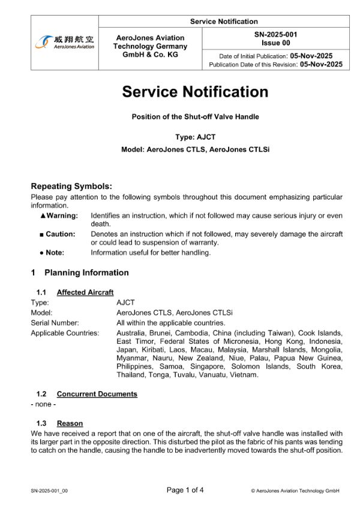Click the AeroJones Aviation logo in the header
[x=65, y=42]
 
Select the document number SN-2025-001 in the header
[x=275, y=35]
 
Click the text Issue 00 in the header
[x=275, y=43]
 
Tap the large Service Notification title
[x=195, y=92]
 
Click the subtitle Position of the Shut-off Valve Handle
[x=195, y=117]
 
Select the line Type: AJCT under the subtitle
[x=195, y=137]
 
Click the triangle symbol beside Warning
[x=43, y=215]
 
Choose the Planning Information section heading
[x=86, y=272]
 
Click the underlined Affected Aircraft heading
[x=85, y=292]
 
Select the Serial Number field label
[x=55, y=323]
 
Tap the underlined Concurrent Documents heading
[x=97, y=394]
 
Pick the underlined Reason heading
[x=70, y=423]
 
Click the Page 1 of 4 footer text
[x=185, y=490]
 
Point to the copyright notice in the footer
[x=295, y=491]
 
